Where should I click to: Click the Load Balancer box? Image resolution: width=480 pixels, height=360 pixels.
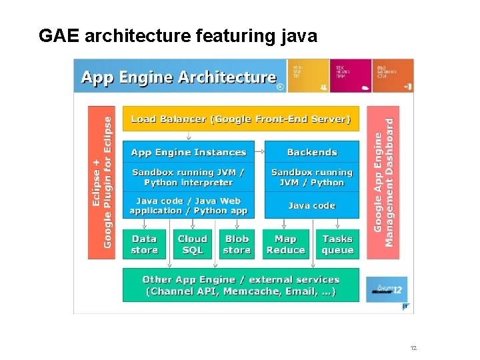(241, 119)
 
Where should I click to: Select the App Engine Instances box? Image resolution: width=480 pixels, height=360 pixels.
(189, 152)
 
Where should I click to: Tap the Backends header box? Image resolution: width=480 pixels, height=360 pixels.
(311, 152)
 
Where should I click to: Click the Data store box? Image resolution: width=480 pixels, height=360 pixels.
(144, 245)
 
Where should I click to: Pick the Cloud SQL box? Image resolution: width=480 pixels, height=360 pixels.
(192, 245)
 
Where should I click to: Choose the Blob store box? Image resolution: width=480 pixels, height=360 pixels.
(237, 245)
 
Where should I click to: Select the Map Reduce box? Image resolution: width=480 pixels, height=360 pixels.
(285, 245)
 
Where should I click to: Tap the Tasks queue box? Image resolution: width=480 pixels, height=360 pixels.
(337, 245)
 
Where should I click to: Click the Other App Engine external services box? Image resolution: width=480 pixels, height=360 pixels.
(241, 285)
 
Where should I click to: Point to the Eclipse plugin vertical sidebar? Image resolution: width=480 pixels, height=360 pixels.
(101, 182)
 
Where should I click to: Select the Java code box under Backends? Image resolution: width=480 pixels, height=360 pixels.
(311, 205)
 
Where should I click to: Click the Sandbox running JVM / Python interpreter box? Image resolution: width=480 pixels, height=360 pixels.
(189, 177)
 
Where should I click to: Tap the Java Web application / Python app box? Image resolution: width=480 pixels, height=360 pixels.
(189, 205)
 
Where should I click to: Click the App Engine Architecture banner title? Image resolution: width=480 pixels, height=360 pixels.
(179, 77)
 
